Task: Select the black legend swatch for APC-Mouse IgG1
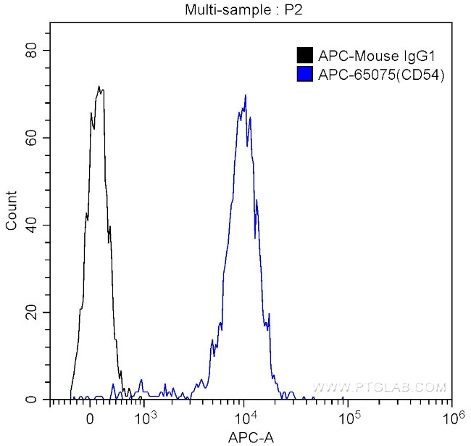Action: [305, 55]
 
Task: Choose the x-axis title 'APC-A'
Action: [250, 437]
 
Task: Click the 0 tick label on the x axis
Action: [89, 418]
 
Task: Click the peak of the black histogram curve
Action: [99, 86]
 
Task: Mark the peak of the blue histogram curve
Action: [246, 95]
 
